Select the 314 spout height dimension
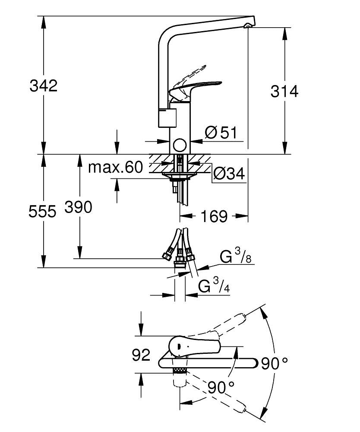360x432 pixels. tap(284, 91)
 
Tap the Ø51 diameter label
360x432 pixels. tap(221, 133)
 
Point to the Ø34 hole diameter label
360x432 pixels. tap(229, 174)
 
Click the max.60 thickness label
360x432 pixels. tap(115, 167)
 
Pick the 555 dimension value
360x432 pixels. tap(42, 211)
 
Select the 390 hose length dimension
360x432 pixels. tap(78, 207)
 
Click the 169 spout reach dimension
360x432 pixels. tap(215, 216)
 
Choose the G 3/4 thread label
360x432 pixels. tap(214, 286)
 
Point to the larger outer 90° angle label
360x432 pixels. tap(274, 363)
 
